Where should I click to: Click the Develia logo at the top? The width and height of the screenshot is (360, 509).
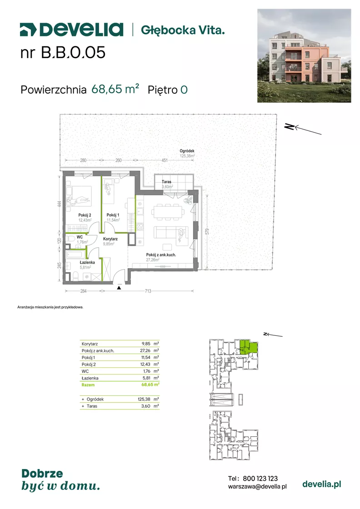tap(71, 30)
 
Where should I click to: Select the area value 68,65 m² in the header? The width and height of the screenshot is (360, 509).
tap(115, 89)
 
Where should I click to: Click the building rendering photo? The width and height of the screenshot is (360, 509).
tap(304, 55)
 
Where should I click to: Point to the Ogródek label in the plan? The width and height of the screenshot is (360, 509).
tap(187, 151)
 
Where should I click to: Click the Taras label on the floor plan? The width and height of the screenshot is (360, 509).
tap(166, 182)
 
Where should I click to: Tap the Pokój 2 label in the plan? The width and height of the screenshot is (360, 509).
tap(85, 215)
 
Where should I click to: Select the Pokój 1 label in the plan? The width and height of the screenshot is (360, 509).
tap(113, 215)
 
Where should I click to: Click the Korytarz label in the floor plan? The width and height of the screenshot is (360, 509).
tap(110, 239)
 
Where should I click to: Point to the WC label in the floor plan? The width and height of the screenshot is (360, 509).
tap(80, 237)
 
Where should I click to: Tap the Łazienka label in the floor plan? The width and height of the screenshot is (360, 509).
tap(87, 262)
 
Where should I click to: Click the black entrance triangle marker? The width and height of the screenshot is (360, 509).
tap(119, 288)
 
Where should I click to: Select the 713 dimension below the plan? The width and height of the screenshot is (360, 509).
tap(148, 291)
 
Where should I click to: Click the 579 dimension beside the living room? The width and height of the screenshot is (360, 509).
tap(207, 231)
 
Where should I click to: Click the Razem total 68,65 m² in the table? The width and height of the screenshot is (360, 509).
tap(150, 384)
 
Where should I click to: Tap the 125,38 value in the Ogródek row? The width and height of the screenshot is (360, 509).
tap(144, 399)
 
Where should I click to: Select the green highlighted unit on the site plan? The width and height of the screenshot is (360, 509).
tap(249, 347)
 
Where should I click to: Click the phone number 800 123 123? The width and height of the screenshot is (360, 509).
tap(260, 479)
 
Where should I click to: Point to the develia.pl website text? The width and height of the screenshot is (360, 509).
tap(322, 484)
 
